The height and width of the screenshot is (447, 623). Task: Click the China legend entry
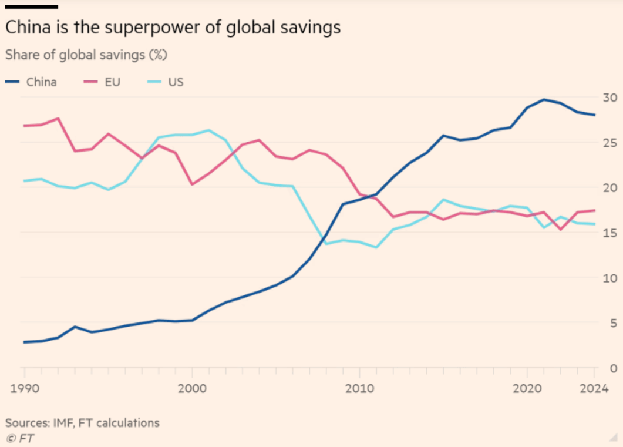click(31, 82)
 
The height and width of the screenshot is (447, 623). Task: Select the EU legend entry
click(102, 82)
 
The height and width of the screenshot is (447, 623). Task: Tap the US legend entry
click(165, 82)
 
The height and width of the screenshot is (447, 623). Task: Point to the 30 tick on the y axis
click(609, 98)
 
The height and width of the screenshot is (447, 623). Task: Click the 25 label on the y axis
click(609, 143)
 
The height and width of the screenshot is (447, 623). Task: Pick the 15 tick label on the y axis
click(609, 233)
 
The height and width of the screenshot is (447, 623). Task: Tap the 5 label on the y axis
click(614, 323)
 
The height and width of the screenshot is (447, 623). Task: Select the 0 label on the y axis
click(614, 368)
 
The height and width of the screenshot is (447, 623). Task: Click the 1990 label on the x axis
click(25, 388)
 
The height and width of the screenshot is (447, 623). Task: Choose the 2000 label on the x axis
click(193, 388)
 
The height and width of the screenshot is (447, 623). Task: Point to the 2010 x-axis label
click(359, 388)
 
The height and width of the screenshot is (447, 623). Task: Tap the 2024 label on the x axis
click(594, 388)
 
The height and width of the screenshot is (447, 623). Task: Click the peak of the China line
click(544, 99)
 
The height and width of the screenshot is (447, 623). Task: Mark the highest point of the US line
click(209, 130)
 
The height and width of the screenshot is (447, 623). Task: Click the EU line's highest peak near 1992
click(58, 119)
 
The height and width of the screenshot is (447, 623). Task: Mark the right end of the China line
click(594, 115)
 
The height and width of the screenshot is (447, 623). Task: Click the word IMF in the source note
click(63, 423)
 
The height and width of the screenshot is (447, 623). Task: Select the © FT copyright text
click(20, 438)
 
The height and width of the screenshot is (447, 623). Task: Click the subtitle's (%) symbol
click(158, 55)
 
